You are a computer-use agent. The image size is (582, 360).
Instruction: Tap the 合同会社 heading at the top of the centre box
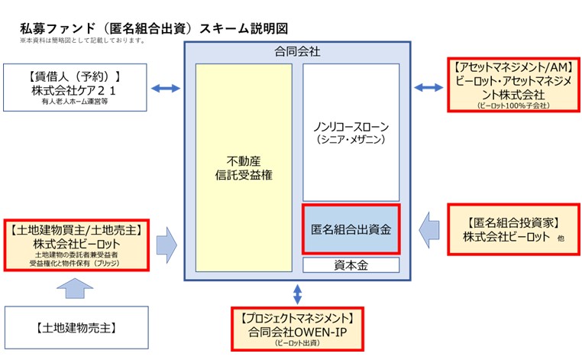click(x=297, y=52)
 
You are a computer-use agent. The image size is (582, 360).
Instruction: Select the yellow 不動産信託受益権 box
click(x=244, y=168)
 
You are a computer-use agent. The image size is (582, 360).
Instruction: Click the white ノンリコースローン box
click(x=351, y=132)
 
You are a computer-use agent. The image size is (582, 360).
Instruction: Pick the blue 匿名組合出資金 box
click(x=351, y=229)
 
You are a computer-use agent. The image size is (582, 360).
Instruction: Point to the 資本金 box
click(x=351, y=265)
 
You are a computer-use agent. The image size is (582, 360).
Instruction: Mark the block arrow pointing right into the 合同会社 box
click(x=166, y=244)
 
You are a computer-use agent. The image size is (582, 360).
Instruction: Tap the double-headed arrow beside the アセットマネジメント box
click(x=428, y=88)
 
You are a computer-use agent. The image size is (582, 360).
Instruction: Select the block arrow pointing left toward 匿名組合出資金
click(x=430, y=228)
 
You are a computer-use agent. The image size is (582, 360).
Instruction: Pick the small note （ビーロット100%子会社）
click(x=512, y=105)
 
